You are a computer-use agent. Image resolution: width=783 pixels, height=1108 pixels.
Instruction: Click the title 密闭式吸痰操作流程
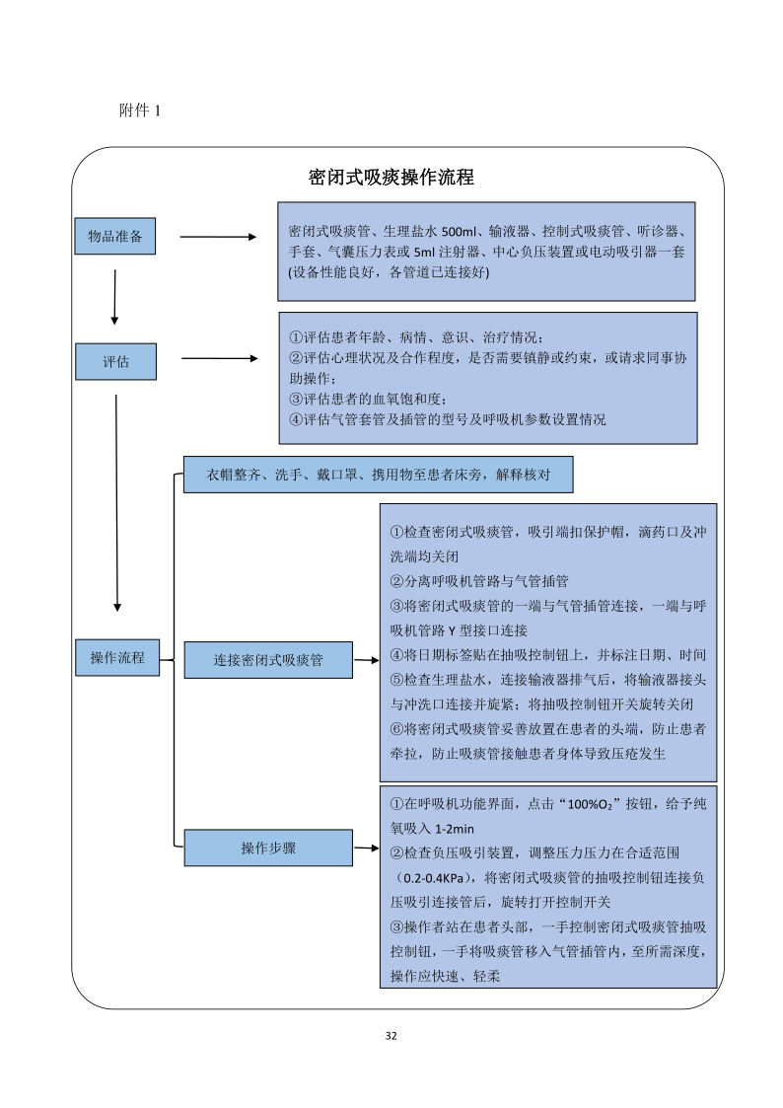(391, 178)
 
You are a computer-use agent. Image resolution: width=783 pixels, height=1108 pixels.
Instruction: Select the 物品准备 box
(115, 236)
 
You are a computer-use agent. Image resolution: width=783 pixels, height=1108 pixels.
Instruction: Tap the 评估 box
(115, 361)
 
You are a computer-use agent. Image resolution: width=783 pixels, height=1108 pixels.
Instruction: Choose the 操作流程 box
(117, 658)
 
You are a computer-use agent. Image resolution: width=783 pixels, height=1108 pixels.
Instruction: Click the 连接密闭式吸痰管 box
(268, 660)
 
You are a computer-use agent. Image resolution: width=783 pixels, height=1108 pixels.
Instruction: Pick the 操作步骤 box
(268, 848)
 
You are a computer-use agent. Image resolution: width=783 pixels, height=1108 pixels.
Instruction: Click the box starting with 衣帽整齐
(379, 475)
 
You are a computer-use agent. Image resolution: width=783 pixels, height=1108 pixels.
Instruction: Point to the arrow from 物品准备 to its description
(217, 237)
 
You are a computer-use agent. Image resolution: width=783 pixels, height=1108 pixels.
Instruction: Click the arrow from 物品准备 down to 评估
(115, 296)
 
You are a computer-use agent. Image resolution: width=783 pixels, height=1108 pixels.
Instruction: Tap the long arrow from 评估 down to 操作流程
(117, 503)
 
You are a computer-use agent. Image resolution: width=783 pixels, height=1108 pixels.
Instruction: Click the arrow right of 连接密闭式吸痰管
(366, 660)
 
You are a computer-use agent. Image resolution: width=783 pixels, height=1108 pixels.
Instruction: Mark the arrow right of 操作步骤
(366, 848)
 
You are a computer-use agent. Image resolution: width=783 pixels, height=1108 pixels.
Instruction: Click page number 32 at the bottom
(391, 1036)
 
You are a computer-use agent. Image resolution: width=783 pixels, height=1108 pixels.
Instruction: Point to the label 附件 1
(139, 111)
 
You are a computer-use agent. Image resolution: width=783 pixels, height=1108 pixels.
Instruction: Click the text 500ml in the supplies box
(459, 231)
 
